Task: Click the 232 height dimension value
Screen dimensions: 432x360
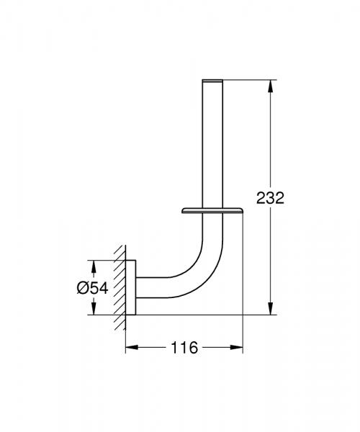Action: pyautogui.click(x=271, y=197)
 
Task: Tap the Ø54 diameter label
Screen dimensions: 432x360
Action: pyautogui.click(x=92, y=288)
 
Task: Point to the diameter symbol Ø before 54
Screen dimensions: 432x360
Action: pyautogui.click(x=81, y=288)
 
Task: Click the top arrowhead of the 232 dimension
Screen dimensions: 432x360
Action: pyautogui.click(x=271, y=83)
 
